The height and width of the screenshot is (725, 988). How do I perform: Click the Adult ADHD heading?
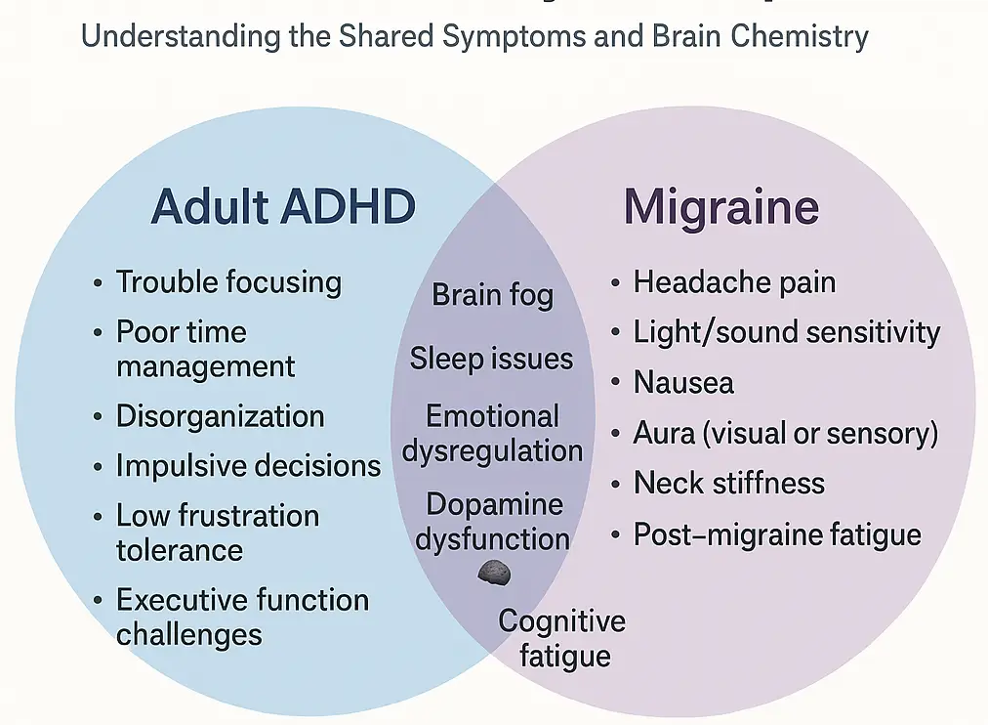click(283, 207)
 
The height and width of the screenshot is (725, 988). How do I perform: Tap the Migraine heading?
click(720, 207)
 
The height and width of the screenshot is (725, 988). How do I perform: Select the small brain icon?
click(494, 574)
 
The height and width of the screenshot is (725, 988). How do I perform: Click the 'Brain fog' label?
click(492, 295)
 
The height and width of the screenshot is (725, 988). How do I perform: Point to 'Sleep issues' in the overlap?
click(491, 358)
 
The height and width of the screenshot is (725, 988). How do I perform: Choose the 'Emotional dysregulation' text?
click(492, 433)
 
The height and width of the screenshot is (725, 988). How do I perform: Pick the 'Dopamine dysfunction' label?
click(493, 521)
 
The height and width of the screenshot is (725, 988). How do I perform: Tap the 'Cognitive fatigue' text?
click(562, 637)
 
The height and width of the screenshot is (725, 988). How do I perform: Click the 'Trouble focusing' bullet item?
click(228, 282)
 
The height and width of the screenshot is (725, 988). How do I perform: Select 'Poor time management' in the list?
click(205, 349)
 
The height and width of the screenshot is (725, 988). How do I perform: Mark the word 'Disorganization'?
click(220, 415)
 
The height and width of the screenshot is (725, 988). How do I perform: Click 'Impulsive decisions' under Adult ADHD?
click(248, 465)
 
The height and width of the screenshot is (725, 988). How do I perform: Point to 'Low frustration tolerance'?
click(218, 532)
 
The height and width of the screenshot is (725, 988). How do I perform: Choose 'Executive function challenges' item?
click(242, 617)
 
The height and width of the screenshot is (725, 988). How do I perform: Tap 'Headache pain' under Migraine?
click(734, 282)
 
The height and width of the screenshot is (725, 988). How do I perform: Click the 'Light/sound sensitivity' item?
click(786, 332)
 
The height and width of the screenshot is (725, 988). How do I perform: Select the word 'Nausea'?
click(683, 382)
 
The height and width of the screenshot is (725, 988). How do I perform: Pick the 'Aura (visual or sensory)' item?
click(785, 432)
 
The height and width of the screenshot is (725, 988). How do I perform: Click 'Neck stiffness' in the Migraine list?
click(728, 483)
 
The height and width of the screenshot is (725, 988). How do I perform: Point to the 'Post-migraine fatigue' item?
click(777, 534)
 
